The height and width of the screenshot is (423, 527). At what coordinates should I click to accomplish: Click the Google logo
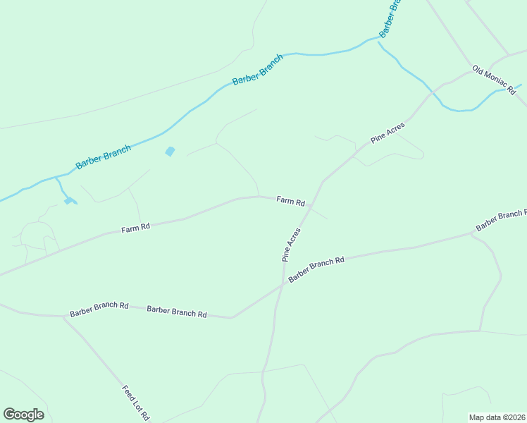(x=23, y=415)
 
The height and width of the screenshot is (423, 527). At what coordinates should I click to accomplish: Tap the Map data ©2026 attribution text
(x=497, y=417)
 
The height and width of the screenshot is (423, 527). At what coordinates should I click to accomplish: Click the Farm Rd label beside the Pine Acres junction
(x=290, y=201)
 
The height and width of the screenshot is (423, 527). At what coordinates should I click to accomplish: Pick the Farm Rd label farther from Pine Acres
(x=135, y=228)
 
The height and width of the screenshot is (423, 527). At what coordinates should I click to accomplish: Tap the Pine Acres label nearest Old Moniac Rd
(x=387, y=133)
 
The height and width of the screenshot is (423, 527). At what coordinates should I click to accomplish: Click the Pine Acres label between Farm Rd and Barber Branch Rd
(x=292, y=244)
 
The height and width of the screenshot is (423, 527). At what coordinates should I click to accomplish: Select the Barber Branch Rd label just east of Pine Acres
(x=316, y=270)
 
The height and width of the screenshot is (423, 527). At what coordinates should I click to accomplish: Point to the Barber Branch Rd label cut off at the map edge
(x=500, y=220)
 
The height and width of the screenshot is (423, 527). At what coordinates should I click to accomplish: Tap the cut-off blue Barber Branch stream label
(x=390, y=20)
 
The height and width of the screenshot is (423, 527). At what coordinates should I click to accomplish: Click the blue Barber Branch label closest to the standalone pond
(x=104, y=157)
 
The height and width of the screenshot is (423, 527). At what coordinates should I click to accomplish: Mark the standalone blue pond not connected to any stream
(x=170, y=151)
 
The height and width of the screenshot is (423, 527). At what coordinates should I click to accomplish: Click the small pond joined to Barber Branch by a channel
(x=68, y=201)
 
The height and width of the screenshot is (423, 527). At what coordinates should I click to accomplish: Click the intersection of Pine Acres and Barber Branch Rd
(x=283, y=284)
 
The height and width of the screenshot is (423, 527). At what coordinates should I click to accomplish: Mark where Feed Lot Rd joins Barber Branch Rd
(x=63, y=317)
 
